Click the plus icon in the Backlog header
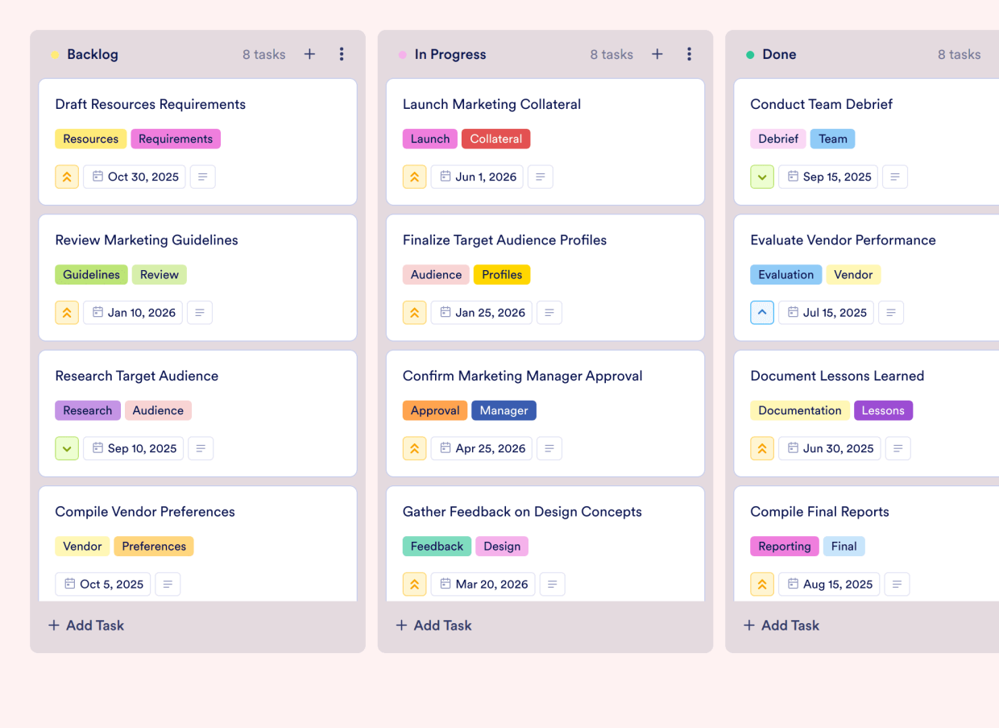coord(309,54)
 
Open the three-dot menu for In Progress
coord(689,54)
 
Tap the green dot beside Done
coord(750,55)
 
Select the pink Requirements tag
coord(176,139)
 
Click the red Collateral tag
coord(495,139)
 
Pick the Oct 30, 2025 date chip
coord(135,177)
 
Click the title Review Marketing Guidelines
coord(147,240)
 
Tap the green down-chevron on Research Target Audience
coord(67,448)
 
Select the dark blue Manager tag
coord(504,410)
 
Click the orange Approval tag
coord(435,410)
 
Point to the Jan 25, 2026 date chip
coord(482,313)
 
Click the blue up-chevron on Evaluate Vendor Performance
coord(762,313)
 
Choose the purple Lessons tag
coord(883,410)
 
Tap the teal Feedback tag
coord(437,546)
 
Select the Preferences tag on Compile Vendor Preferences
coord(154,546)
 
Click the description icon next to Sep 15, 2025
coord(895,177)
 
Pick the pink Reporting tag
coord(784,546)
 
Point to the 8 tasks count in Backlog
coord(264,55)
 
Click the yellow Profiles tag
coord(502,274)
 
